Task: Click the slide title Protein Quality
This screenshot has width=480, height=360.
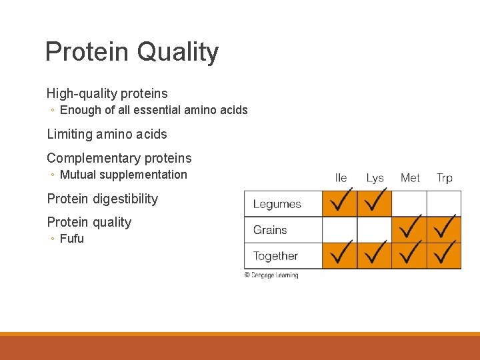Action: pos(131,52)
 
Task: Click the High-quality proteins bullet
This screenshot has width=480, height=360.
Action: pos(107,93)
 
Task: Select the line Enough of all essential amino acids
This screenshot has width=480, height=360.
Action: pos(153,110)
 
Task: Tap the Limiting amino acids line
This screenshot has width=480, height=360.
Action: pos(107,134)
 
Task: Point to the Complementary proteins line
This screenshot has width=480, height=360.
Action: pos(119,158)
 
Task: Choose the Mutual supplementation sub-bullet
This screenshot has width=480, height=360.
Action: pos(123,175)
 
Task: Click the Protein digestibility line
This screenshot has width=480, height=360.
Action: pos(102,199)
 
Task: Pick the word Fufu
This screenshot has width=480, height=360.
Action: pos(72,239)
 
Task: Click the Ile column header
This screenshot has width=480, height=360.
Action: pos(341,178)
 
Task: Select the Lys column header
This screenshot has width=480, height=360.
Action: pos(375,178)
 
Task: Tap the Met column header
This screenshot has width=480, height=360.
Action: pos(410,178)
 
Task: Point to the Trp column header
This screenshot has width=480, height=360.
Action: pos(444,178)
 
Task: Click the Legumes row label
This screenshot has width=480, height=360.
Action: pos(277,204)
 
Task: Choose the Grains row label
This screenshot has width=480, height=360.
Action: pos(270,230)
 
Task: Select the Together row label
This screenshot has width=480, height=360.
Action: pos(275,256)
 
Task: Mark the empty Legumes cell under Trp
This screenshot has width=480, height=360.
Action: pos(444,204)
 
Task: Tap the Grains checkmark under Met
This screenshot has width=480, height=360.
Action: pos(409,229)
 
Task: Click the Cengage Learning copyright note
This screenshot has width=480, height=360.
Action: pos(271,275)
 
